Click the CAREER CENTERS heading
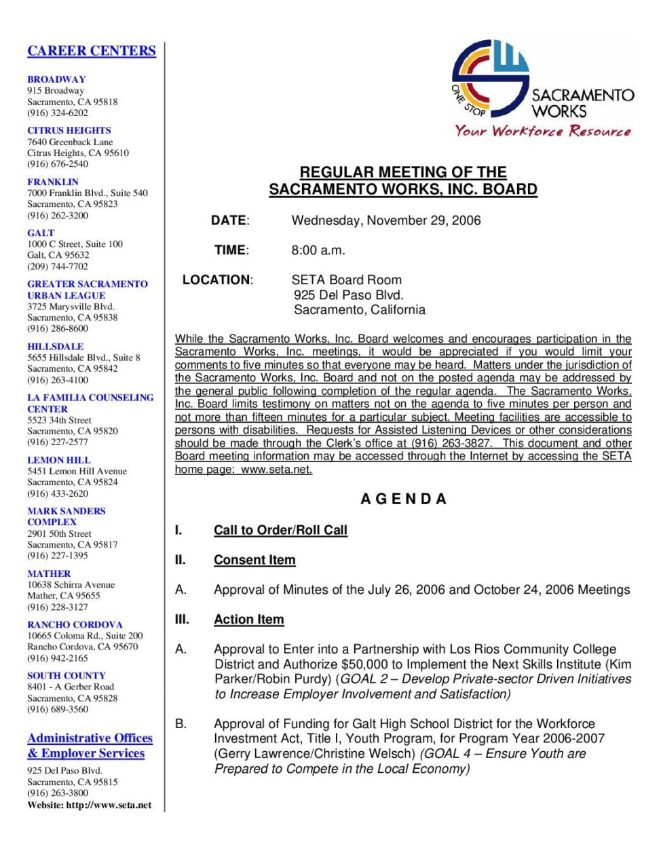tap(92, 51)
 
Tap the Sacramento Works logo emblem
tap(490, 78)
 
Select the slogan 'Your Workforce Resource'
tap(543, 131)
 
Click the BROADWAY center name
tap(56, 79)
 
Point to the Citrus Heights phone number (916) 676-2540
tap(58, 164)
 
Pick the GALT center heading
tap(41, 233)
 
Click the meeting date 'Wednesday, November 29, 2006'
tap(385, 221)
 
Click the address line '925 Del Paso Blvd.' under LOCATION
tap(348, 295)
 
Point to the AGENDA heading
tap(403, 499)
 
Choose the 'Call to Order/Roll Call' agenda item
tap(280, 531)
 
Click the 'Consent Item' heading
tap(254, 560)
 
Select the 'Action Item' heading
tap(249, 620)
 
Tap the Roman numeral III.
tap(182, 620)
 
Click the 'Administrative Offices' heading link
tap(90, 738)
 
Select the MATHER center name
tap(49, 573)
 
